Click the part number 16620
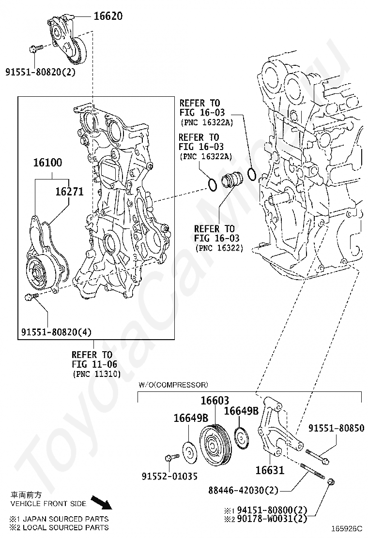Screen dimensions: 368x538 pos(108,16)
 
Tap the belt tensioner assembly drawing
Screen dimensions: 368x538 pos(67,38)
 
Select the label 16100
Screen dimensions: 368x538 pos(48,162)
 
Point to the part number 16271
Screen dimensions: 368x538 pos(69,192)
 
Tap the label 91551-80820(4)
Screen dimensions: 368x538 pos(56,332)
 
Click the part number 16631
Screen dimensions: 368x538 pos(270,470)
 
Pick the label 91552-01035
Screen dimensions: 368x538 pos(169,476)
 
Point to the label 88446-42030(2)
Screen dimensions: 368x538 pos(244,490)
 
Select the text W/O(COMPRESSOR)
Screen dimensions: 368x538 pos(173,385)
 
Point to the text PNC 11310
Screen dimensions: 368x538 pos(97,374)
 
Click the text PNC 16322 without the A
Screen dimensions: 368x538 pos(219,247)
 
